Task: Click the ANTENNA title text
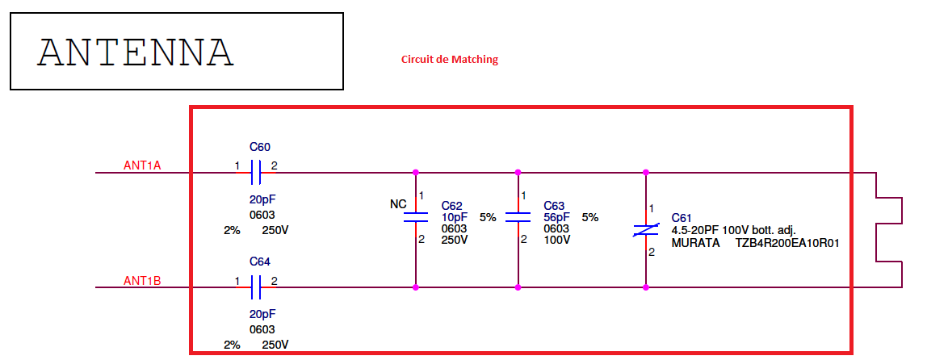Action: click(136, 52)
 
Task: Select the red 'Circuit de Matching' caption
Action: click(450, 59)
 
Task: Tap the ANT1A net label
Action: click(142, 165)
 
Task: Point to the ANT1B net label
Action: click(142, 281)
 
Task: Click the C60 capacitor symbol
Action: click(256, 172)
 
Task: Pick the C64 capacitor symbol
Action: click(256, 287)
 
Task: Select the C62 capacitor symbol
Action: click(415, 216)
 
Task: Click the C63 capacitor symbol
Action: click(518, 216)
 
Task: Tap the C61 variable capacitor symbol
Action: click(645, 230)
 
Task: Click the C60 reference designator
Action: click(260, 147)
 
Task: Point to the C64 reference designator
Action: click(260, 262)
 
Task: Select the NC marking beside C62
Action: click(398, 204)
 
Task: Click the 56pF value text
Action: click(556, 217)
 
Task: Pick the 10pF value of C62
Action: click(455, 217)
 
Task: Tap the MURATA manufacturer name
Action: click(695, 241)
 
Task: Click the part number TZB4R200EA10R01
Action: click(787, 241)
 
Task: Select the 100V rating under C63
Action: click(556, 240)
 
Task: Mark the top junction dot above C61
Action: click(645, 172)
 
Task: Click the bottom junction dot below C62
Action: click(415, 287)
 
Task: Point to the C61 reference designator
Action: click(682, 218)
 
